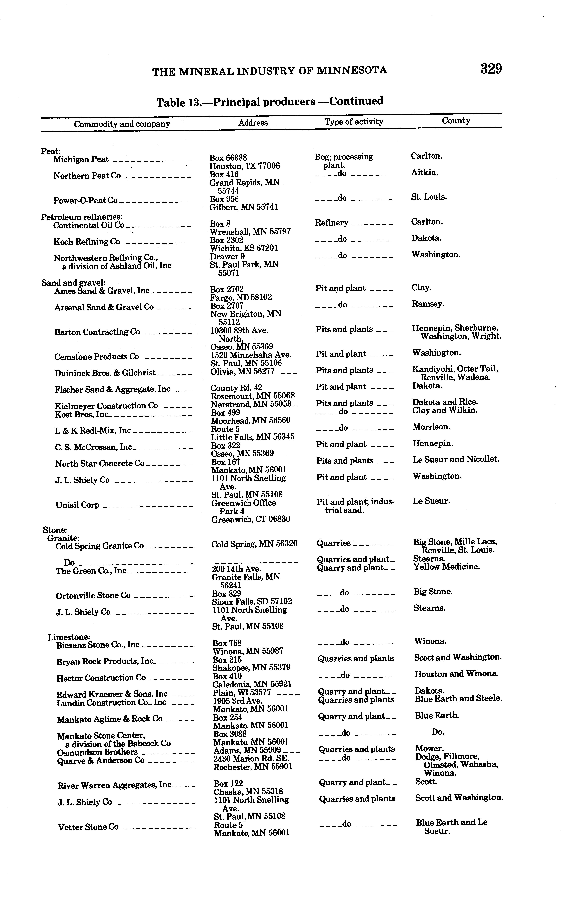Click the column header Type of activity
click(353, 122)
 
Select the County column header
click(456, 120)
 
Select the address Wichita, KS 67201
click(244, 248)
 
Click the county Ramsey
click(428, 304)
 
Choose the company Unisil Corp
click(77, 505)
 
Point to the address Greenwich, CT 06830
click(251, 519)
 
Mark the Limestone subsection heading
click(69, 637)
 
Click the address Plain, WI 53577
click(242, 693)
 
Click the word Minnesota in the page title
click(352, 70)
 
